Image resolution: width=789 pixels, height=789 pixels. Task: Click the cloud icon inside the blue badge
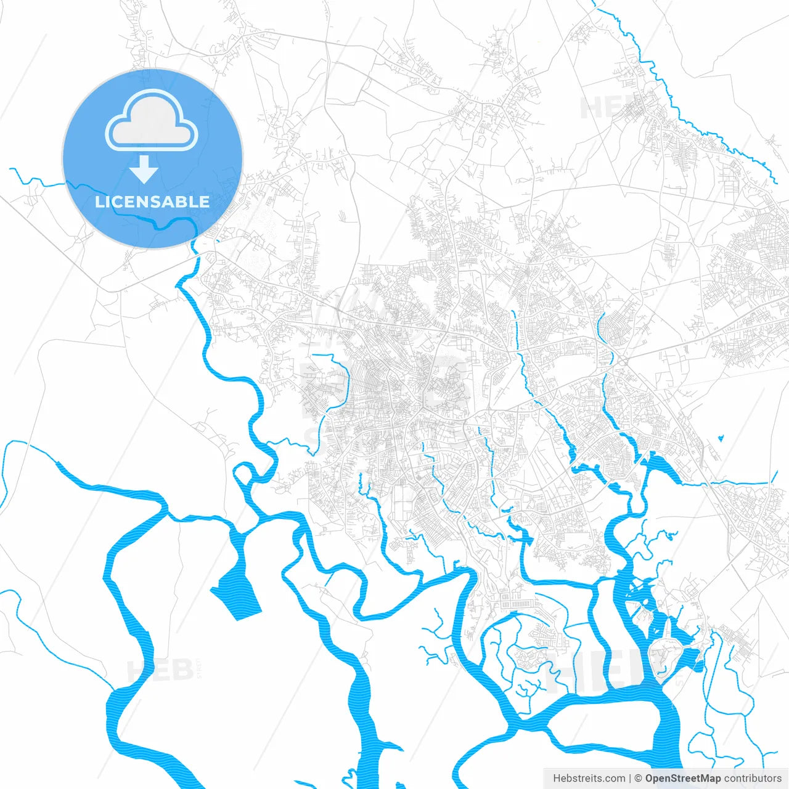(x=152, y=121)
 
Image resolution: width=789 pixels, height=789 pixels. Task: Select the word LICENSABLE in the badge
(x=152, y=202)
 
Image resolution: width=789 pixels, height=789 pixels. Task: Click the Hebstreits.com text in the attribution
(x=589, y=779)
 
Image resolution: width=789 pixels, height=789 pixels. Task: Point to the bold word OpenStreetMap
(x=683, y=779)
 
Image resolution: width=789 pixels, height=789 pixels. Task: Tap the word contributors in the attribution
(x=753, y=779)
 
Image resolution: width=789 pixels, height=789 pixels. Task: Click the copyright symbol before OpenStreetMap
(x=639, y=779)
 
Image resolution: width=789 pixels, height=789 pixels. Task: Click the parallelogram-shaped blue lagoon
(x=236, y=593)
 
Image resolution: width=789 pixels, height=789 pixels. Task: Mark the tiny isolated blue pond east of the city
(x=721, y=439)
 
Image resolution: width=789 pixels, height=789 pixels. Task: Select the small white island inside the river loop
(x=243, y=476)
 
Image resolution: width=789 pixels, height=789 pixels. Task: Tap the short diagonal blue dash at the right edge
(x=774, y=477)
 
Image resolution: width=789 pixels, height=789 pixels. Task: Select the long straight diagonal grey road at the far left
(x=49, y=240)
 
